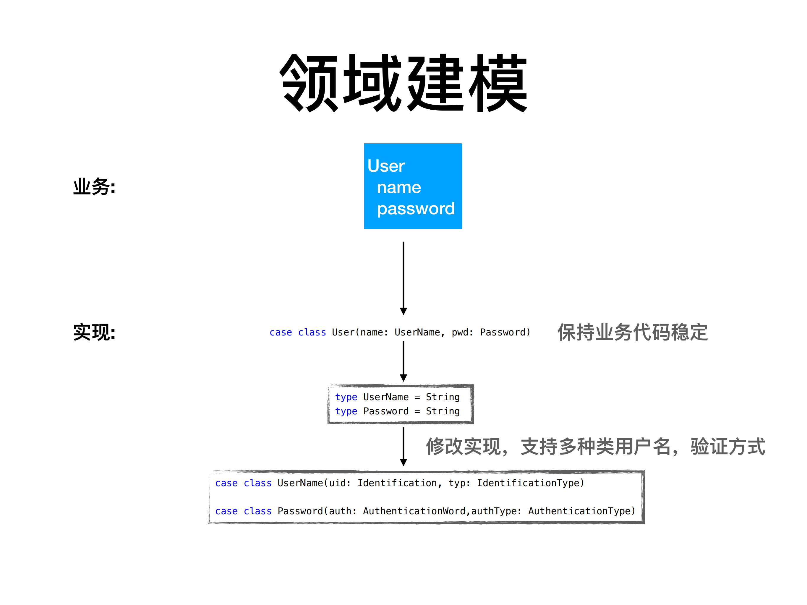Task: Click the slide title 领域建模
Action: point(403,83)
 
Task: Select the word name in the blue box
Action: point(399,187)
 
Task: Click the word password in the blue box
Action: point(416,209)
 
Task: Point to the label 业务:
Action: point(94,187)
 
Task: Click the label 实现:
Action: point(94,332)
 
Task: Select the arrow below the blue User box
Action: point(403,277)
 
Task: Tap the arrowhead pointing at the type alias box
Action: point(403,377)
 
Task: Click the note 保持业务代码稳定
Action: point(632,332)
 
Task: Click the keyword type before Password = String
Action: point(346,411)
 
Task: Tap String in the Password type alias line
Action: point(443,411)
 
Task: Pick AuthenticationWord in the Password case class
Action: point(414,511)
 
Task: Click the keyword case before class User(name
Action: point(281,332)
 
